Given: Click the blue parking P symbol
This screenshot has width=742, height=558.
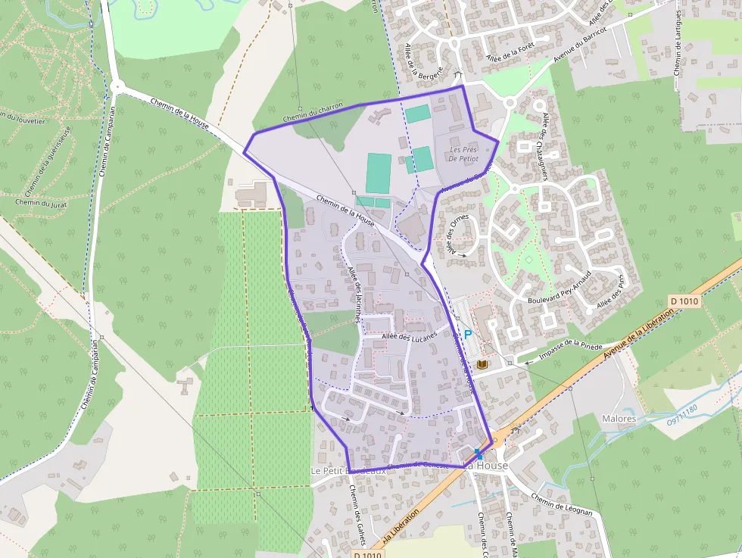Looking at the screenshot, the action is click(x=467, y=334).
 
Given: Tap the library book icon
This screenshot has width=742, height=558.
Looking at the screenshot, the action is click(x=482, y=365).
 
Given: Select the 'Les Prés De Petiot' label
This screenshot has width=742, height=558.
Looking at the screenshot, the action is click(x=464, y=154).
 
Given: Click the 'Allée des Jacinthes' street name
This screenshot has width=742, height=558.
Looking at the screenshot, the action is click(x=354, y=296).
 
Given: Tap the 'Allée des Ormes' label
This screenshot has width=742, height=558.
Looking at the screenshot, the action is click(x=457, y=234).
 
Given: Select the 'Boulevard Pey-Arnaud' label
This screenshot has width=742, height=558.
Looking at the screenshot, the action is click(x=559, y=291).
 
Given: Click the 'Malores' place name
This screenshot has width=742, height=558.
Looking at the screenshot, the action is click(x=619, y=418).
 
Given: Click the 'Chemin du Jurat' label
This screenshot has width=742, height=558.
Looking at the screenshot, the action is click(x=36, y=202).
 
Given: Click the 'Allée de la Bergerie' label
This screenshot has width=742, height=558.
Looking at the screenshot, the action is click(x=412, y=61).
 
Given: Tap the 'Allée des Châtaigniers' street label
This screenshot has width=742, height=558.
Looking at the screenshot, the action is click(x=550, y=137).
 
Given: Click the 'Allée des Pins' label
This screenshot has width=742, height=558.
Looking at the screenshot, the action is click(x=610, y=291).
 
